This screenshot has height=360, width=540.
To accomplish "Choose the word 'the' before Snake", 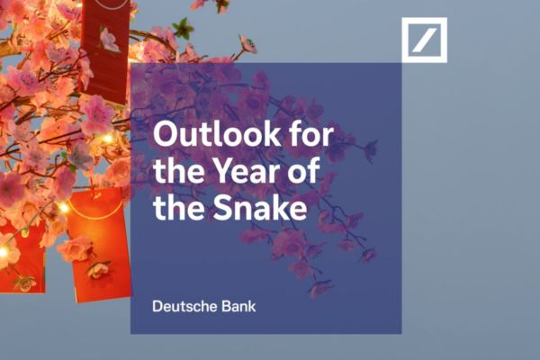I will click(x=174, y=210).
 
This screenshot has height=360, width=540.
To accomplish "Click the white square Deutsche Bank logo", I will click(x=424, y=40).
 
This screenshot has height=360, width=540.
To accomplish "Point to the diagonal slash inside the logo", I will click(x=424, y=40).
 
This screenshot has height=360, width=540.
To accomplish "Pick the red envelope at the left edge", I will click(x=20, y=256).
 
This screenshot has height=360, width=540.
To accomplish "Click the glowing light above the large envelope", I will click(x=64, y=208).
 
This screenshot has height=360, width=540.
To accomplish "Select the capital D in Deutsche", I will click(x=158, y=306).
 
